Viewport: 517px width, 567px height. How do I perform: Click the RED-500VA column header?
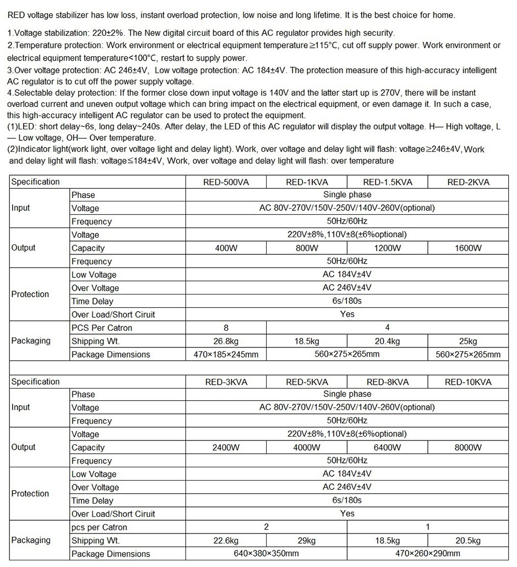tap(226, 182)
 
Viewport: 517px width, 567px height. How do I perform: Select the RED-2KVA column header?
tap(468, 182)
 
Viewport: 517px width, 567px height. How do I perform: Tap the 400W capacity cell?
tap(226, 248)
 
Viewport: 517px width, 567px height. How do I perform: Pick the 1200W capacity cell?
tap(387, 248)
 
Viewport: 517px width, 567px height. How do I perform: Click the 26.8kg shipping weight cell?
tap(226, 341)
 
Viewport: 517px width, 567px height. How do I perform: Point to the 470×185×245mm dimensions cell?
tap(226, 355)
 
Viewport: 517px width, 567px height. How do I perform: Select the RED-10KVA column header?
tap(468, 382)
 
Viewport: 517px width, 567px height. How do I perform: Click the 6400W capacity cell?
tap(387, 448)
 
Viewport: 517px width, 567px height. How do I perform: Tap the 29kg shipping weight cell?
tap(306, 541)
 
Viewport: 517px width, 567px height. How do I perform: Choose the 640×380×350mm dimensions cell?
tap(266, 553)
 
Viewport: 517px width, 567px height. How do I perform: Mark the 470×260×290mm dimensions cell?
tap(428, 553)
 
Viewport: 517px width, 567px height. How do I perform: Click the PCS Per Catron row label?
tap(102, 328)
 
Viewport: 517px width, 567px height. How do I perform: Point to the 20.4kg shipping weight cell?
tap(387, 341)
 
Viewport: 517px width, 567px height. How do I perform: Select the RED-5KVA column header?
tap(306, 382)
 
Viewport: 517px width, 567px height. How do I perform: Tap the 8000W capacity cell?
tap(468, 448)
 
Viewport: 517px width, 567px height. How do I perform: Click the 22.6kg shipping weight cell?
tap(226, 541)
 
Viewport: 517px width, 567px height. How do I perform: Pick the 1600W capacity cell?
tap(468, 248)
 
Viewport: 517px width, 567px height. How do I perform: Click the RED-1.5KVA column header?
tap(387, 182)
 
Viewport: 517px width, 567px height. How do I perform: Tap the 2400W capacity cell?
tap(226, 448)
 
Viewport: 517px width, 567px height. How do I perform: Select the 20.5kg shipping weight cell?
tap(468, 541)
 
